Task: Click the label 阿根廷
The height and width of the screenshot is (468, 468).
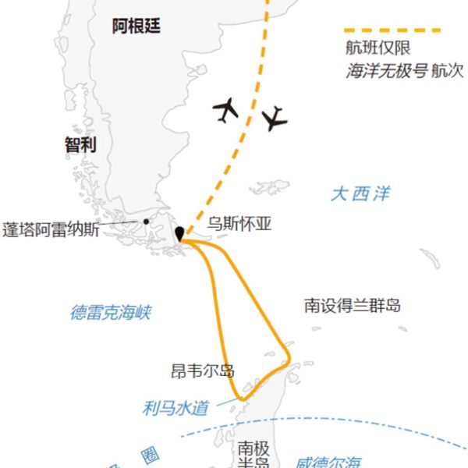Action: point(136,26)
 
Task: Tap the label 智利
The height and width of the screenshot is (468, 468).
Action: point(80,144)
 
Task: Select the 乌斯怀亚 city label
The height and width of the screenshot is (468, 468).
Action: point(239,224)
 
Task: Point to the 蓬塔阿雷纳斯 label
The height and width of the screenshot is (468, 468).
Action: point(51,231)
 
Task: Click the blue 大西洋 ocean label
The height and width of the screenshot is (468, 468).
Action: point(360,193)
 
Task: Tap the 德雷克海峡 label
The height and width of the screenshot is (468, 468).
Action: point(110,313)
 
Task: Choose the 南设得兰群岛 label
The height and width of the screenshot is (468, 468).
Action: point(353,306)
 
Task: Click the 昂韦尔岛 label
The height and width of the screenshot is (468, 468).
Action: point(202,370)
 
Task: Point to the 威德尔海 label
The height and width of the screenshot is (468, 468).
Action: point(328,462)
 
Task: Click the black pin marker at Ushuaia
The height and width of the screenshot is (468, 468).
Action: point(180,234)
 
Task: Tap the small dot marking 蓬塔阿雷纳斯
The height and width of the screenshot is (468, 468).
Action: point(146,222)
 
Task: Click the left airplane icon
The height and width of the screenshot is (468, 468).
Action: point(225,110)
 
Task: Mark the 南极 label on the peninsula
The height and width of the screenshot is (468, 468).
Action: point(253,448)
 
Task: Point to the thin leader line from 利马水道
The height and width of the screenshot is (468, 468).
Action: point(224,402)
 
